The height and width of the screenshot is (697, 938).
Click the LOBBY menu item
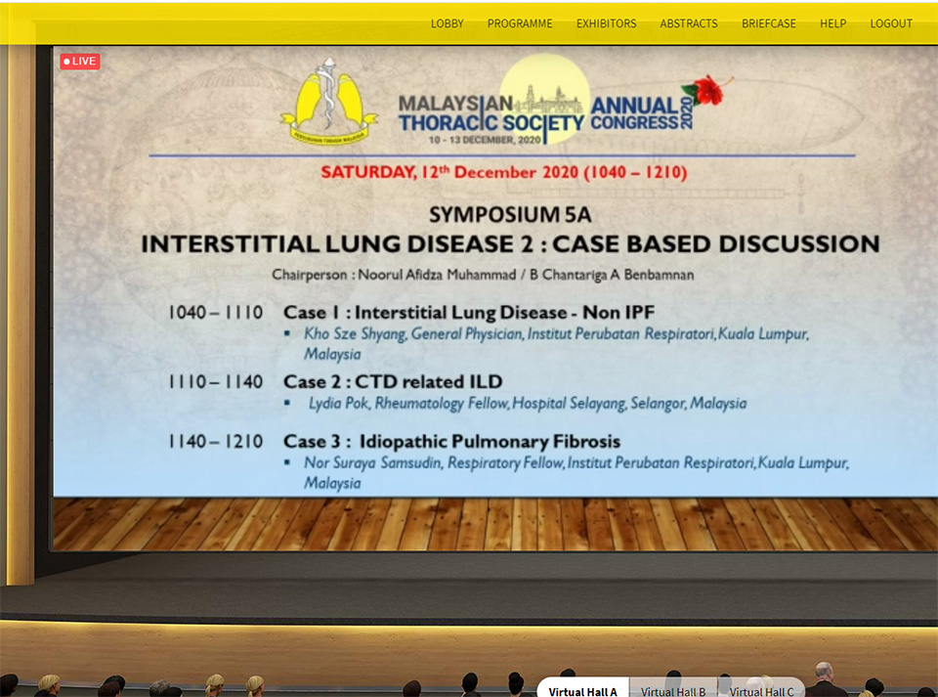coord(447,23)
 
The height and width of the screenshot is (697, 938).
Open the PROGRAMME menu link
coord(520,23)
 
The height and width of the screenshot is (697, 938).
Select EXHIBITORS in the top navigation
coord(606,23)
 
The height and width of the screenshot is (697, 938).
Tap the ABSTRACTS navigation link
coord(689,23)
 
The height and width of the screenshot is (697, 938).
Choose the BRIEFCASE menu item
coord(769,23)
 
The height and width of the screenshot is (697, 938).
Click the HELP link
coord(832,23)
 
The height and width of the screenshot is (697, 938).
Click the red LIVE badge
coord(79,61)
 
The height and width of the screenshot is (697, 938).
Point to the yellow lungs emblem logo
coord(328,102)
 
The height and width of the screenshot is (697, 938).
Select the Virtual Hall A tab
coord(582,690)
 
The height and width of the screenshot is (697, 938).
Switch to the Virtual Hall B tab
coord(673,691)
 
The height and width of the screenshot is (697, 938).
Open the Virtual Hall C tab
coord(761,691)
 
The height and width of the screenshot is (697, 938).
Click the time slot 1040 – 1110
coord(215,312)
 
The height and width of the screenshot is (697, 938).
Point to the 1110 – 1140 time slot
coord(215,381)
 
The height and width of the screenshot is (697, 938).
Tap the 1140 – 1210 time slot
coord(215,442)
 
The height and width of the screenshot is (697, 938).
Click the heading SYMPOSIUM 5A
coord(510,214)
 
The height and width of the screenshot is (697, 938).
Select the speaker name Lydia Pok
coord(339,404)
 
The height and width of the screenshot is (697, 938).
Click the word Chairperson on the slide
coord(310,275)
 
